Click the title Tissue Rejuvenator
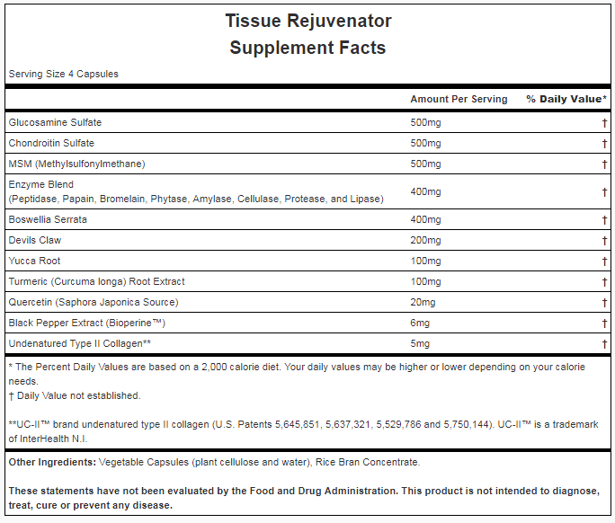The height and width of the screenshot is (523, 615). point(307,20)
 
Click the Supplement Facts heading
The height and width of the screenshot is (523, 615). point(307,48)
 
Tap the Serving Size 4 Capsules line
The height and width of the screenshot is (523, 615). point(63,74)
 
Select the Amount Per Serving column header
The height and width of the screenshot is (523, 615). point(459,99)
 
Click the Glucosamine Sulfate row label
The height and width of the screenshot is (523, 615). point(55,122)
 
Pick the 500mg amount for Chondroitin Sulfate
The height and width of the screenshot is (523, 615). point(425,143)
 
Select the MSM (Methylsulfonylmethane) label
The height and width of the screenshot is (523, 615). point(76,164)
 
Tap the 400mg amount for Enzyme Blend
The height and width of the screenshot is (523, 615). point(425,191)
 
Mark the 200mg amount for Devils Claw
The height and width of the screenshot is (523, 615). point(425,240)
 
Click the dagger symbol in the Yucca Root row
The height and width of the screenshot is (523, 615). point(604,261)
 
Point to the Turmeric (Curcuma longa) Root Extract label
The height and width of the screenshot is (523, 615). point(96,281)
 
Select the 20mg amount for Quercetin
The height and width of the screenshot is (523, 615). point(423,302)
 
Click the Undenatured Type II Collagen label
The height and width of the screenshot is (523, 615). point(79,343)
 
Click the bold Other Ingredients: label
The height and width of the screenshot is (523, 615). point(52,462)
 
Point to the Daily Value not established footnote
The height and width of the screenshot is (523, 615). point(75,395)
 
